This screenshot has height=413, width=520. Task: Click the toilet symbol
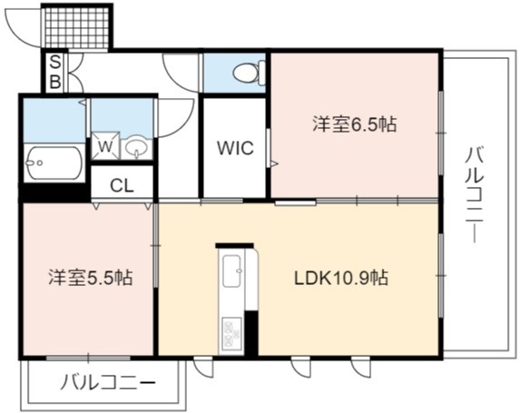(x=250, y=72)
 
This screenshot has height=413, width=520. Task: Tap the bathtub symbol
(x=54, y=162)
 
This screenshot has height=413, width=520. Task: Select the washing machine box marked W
(x=105, y=146)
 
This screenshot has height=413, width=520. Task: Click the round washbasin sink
(x=136, y=147)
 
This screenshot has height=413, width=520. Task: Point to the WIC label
(x=235, y=148)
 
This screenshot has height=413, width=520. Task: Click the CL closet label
(x=122, y=186)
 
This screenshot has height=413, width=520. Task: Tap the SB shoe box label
(x=55, y=72)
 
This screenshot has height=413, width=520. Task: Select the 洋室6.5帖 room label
(x=354, y=124)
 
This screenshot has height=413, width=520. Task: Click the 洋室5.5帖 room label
(x=91, y=278)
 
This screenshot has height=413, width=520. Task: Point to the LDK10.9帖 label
(x=341, y=278)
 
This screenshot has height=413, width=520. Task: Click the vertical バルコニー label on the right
(x=475, y=195)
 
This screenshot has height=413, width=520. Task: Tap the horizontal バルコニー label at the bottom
(x=108, y=383)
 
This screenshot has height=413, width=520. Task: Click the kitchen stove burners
(x=232, y=332)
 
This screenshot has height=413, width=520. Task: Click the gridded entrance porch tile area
(x=76, y=28)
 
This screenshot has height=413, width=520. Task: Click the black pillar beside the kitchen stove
(x=251, y=333)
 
